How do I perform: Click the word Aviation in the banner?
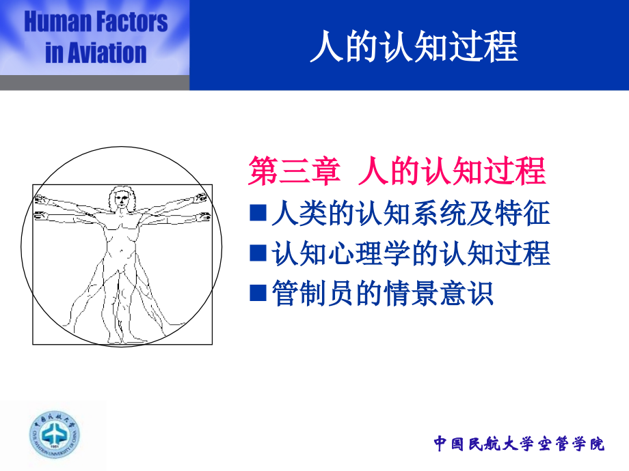pyautogui.click(x=106, y=53)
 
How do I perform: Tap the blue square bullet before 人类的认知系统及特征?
pyautogui.click(x=258, y=214)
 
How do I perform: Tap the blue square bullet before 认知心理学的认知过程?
pyautogui.click(x=258, y=255)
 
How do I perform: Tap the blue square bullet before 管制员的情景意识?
pyautogui.click(x=258, y=294)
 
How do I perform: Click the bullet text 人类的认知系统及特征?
pyautogui.click(x=410, y=214)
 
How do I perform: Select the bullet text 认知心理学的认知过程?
pyautogui.click(x=410, y=255)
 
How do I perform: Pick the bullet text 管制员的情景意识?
pyautogui.click(x=382, y=294)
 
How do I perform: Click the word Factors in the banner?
pyautogui.click(x=129, y=23)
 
